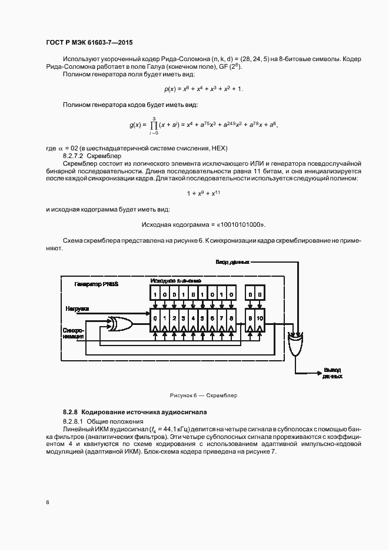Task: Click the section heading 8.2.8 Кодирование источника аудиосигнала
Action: click(x=135, y=412)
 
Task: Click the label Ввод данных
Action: click(x=232, y=261)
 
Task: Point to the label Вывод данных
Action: click(x=333, y=373)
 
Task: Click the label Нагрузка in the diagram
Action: click(x=77, y=308)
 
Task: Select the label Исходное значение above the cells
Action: click(x=176, y=280)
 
